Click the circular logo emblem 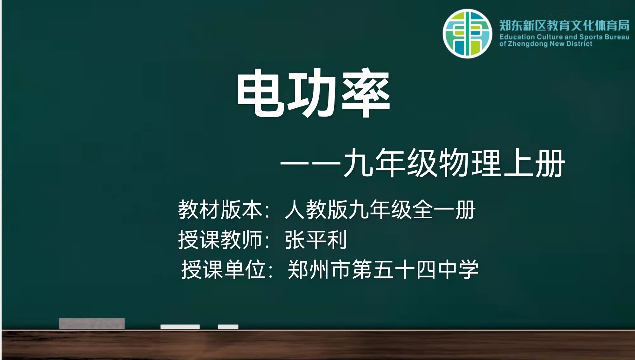[x=467, y=34]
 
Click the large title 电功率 [x=314, y=93]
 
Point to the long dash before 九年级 [x=310, y=164]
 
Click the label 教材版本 [x=220, y=210]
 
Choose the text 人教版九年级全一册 [x=380, y=210]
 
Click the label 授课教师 [x=220, y=240]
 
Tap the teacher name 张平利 [x=316, y=240]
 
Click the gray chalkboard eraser [x=92, y=323]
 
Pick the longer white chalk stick [x=180, y=327]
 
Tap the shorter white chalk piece [x=228, y=327]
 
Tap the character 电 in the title [x=261, y=93]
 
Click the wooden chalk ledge [x=318, y=345]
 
